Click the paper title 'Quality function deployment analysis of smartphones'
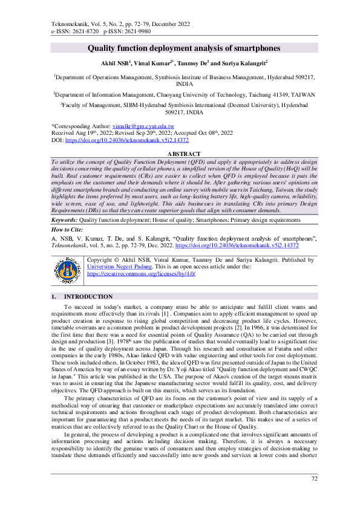(180, 48)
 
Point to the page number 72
(313, 496)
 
